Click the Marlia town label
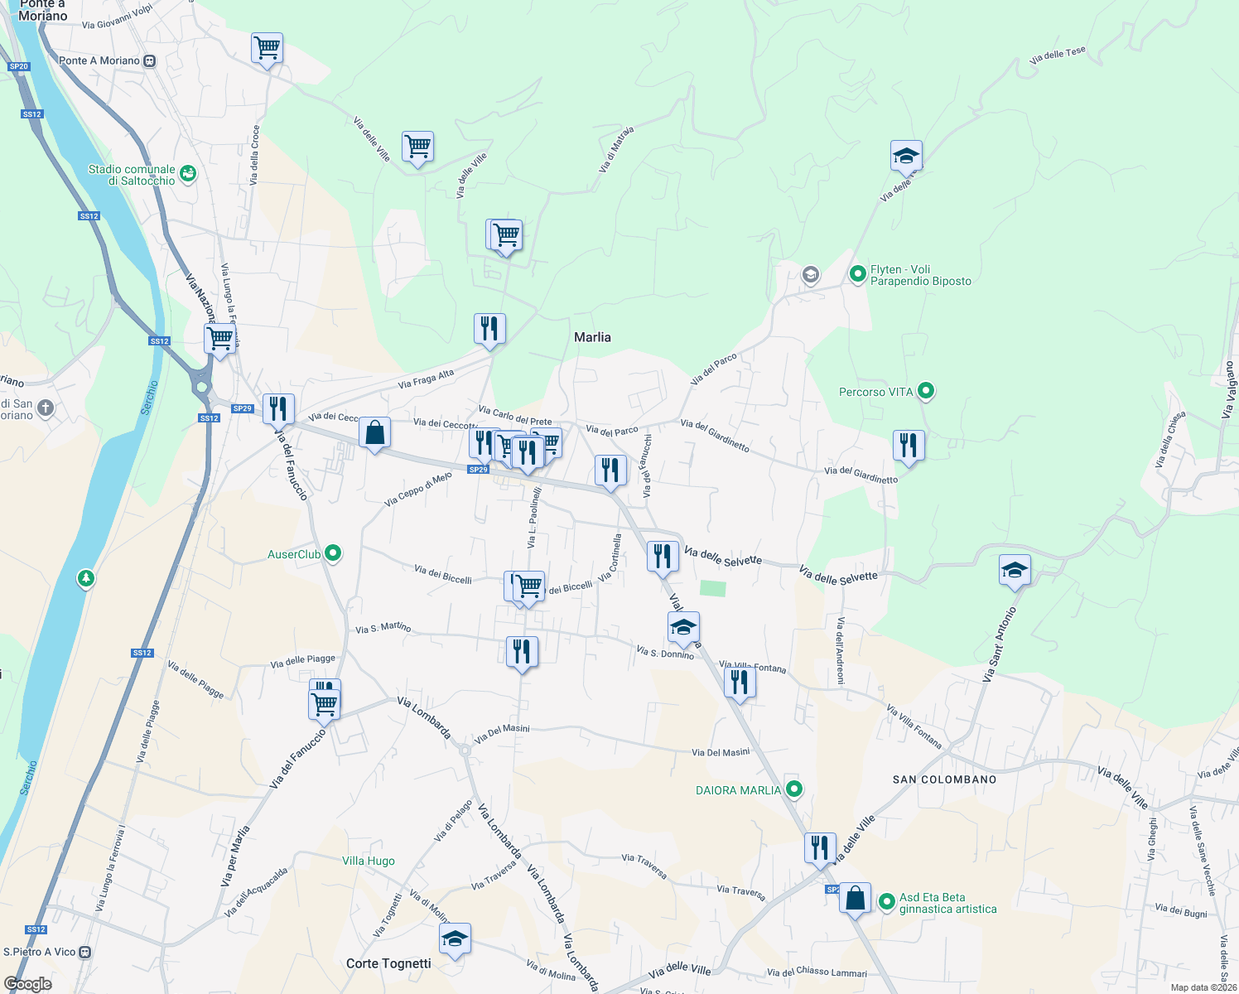click(x=592, y=337)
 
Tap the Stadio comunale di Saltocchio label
click(x=132, y=175)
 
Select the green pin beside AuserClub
click(x=333, y=553)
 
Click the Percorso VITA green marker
click(x=926, y=390)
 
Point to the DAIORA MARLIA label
click(x=738, y=790)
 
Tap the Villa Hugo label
click(x=369, y=861)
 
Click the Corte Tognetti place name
click(x=388, y=963)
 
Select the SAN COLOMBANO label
click(x=944, y=779)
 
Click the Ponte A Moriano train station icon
click(x=149, y=60)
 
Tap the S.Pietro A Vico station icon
click(x=84, y=952)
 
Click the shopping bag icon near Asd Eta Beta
click(x=855, y=899)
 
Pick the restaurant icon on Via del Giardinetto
click(x=909, y=446)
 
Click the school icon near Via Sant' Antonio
click(x=1015, y=570)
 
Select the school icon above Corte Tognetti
click(x=455, y=939)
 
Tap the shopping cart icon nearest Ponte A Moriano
click(x=267, y=48)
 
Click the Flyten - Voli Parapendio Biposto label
click(x=920, y=275)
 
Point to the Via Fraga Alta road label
click(x=426, y=379)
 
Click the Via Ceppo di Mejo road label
click(x=418, y=489)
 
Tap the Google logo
click(x=27, y=984)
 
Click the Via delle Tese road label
click(x=1057, y=56)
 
